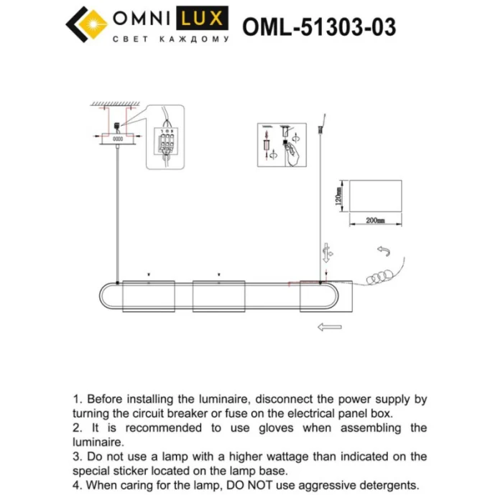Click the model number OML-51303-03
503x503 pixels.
319,27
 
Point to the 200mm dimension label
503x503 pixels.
375,221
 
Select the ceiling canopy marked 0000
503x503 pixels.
117,137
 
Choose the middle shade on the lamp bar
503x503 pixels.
219,296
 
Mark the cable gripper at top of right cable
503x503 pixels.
320,130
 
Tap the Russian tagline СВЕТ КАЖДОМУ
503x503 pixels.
170,40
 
